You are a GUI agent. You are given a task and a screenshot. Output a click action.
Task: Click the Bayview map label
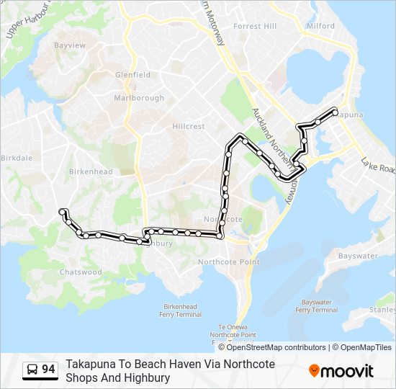click(70, 45)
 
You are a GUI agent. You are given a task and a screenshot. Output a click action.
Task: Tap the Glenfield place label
click(132, 74)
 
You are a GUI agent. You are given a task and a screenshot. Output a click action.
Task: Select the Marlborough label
click(139, 98)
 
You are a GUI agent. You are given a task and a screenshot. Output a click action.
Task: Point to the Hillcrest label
click(189, 126)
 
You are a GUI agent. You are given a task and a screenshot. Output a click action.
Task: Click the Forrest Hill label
click(255, 26)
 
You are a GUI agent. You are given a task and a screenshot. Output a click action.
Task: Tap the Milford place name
click(320, 26)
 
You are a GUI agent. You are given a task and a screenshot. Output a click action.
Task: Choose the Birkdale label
click(17, 157)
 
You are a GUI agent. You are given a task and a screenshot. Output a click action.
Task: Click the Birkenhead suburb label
click(91, 171)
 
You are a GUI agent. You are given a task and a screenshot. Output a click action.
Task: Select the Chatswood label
click(81, 272)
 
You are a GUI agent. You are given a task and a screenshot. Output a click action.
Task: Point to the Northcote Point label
click(228, 261)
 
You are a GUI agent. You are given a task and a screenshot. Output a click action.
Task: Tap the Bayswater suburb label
click(358, 256)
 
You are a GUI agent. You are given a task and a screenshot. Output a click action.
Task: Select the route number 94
click(48, 370)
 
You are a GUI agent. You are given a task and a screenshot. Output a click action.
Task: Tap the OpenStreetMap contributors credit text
click(276, 347)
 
